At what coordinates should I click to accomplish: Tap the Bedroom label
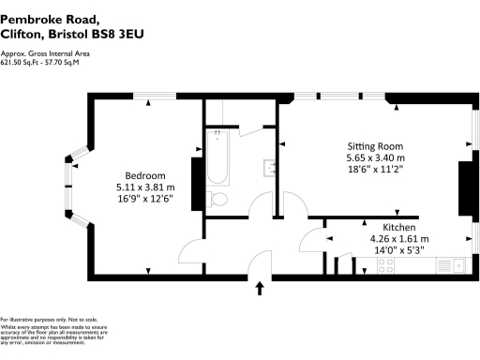point(145,175)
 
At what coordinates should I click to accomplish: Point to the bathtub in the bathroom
point(217,159)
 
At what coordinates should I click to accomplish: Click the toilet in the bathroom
point(217,199)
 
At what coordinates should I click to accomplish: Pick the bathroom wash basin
point(270,169)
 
